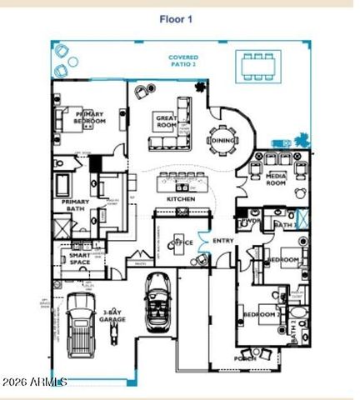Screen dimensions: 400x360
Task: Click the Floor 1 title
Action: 180,17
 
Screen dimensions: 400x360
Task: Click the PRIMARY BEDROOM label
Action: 90,117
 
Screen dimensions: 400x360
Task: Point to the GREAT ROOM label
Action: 167,122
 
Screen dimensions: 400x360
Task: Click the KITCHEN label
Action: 181,200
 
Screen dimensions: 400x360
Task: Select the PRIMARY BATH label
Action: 74,205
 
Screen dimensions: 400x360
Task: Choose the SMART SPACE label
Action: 80,259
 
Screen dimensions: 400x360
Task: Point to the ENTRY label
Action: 223,242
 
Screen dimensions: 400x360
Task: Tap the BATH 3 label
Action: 285,225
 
